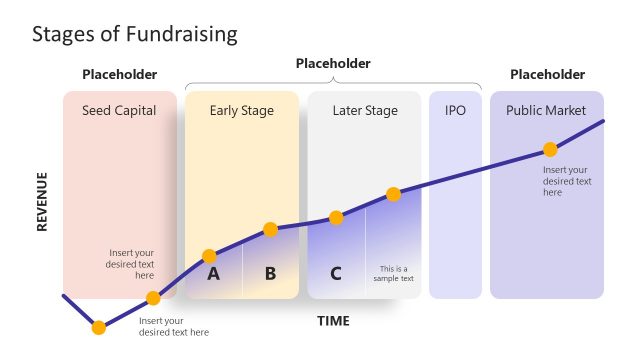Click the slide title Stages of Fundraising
coord(134,34)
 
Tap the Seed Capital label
coord(119,111)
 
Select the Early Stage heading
coord(241,111)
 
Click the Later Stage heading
coord(365,111)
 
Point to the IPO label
coord(455,111)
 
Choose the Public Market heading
coord(546,111)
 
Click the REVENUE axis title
coord(42,202)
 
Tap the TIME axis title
coord(333,321)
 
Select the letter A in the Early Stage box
coord(213,272)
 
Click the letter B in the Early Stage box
coord(270,272)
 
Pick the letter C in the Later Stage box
coord(336,272)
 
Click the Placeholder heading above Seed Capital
coord(119,74)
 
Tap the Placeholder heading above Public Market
coord(547,74)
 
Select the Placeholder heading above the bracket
coord(333,63)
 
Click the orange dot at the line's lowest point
coord(98,327)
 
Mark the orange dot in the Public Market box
coord(549,149)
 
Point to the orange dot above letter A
coord(209,256)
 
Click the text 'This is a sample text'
coord(395,273)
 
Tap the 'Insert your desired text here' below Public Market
coord(567,181)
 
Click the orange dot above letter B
coord(269,230)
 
